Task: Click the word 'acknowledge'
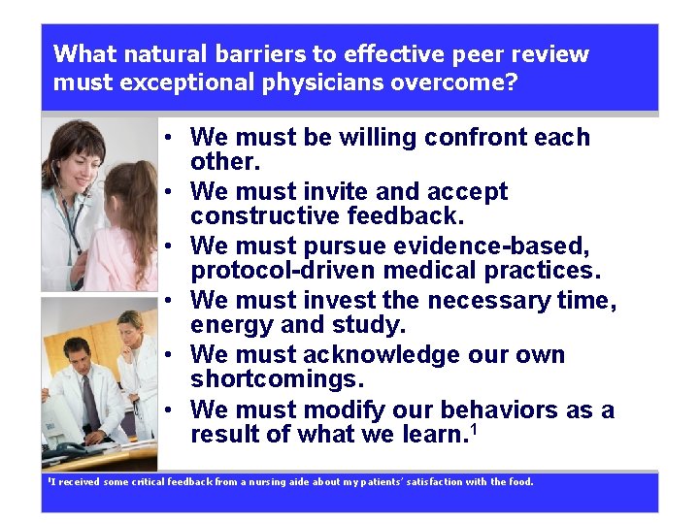pos(382,355)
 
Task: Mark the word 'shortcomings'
pos(281,378)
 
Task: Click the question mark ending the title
pos(511,82)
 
